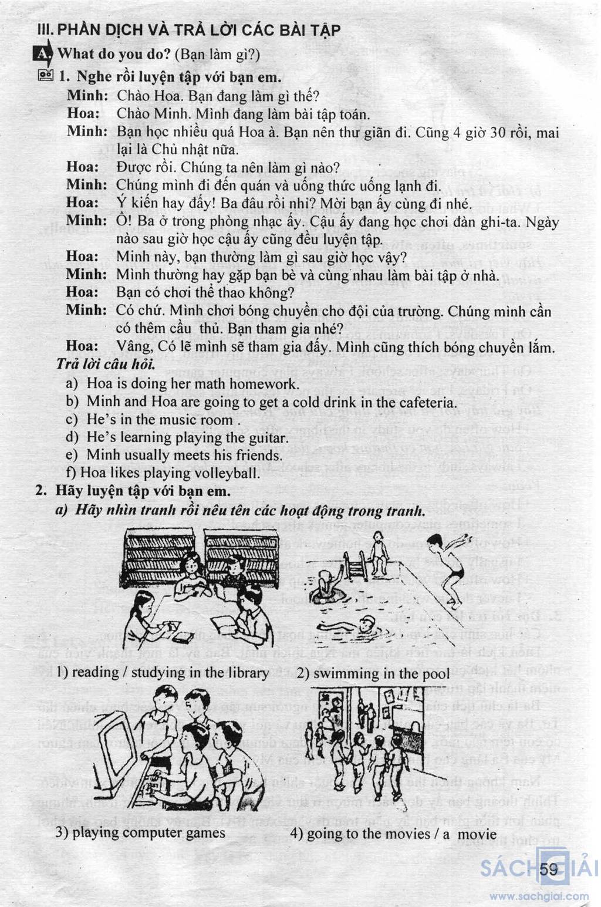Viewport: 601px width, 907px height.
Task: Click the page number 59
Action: [549, 869]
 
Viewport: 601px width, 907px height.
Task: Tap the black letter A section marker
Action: [43, 55]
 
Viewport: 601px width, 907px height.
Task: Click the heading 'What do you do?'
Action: [114, 55]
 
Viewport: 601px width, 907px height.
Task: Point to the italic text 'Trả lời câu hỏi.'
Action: [106, 365]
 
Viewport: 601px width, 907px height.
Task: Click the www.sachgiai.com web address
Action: [539, 896]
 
